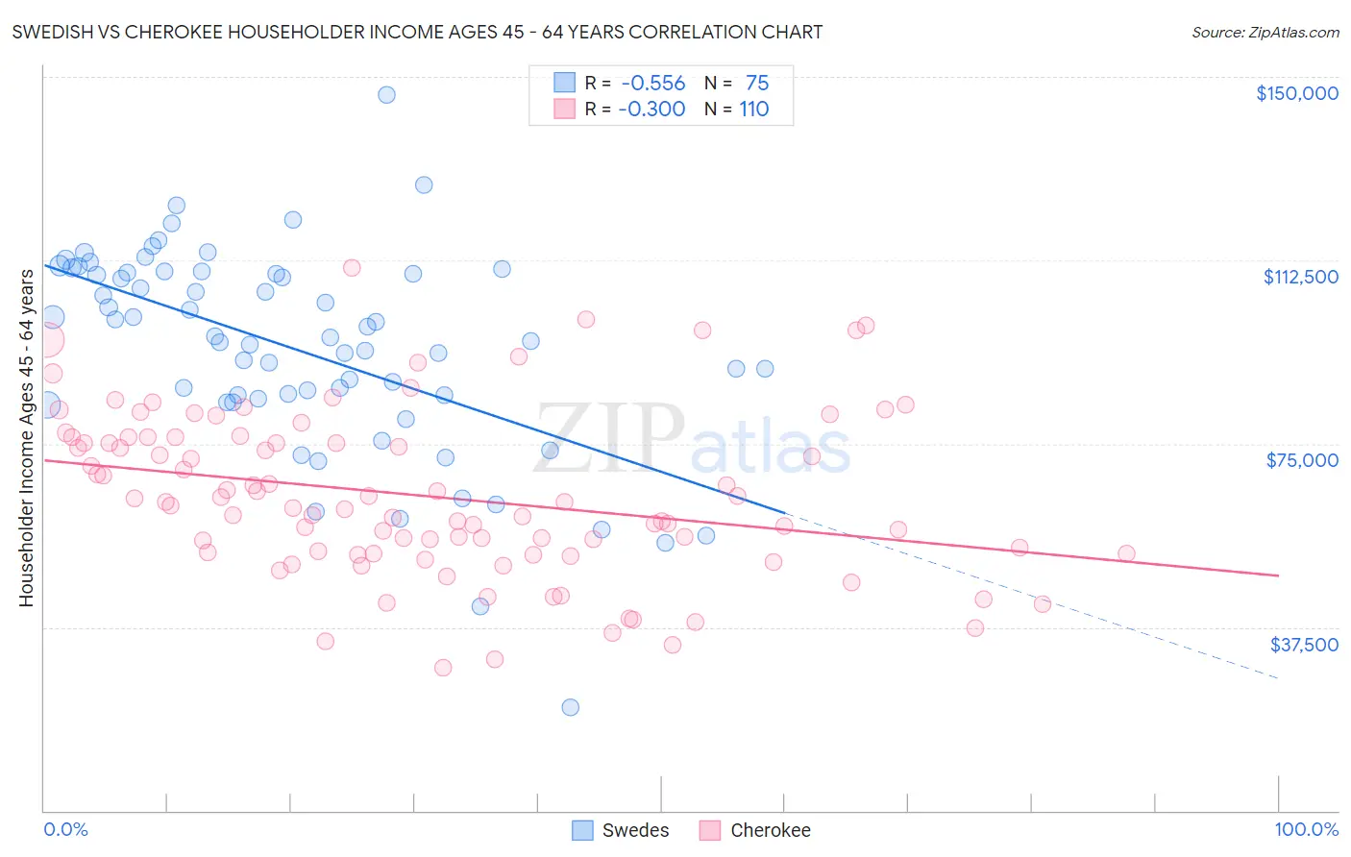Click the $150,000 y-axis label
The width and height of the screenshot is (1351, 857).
(x=1296, y=93)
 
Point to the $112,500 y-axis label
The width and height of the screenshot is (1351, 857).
(x=1300, y=277)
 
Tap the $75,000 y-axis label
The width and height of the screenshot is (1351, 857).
(x=1302, y=460)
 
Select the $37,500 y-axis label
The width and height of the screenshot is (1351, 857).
(x=1304, y=644)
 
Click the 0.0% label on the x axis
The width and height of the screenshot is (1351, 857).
(x=65, y=829)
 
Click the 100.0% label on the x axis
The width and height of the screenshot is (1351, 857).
(x=1306, y=829)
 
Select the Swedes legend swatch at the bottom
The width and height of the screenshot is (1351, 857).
(x=582, y=830)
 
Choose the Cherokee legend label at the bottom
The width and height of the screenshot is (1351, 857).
(x=770, y=830)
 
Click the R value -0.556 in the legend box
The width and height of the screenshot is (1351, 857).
(x=653, y=84)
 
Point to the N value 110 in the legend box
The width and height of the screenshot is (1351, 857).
(x=753, y=110)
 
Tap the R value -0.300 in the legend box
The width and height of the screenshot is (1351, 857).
(x=651, y=110)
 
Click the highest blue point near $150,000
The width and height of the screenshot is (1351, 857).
(x=386, y=94)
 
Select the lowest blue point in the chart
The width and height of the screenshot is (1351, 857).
(x=570, y=707)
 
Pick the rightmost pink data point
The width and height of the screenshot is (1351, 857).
(x=1126, y=553)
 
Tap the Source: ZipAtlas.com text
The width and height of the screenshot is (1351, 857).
(x=1265, y=32)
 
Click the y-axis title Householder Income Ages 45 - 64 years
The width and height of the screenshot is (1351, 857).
(x=26, y=437)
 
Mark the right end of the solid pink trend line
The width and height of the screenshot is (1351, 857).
(x=1279, y=575)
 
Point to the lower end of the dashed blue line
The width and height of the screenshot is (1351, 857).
(x=1279, y=679)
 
